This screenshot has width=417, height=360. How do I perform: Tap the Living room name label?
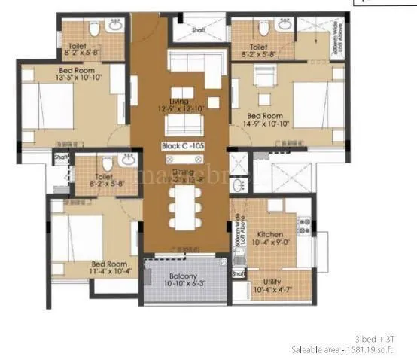pyautogui.click(x=178, y=101)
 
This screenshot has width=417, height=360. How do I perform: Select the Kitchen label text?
pyautogui.click(x=269, y=234)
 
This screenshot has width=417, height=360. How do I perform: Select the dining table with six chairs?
pyautogui.click(x=182, y=203)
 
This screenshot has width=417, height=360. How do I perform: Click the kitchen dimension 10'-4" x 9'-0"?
pyautogui.click(x=269, y=243)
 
